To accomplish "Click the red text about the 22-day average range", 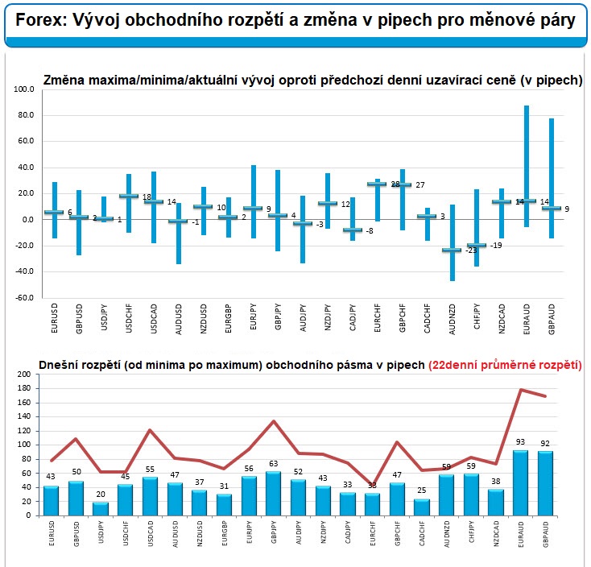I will pos(505,365).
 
